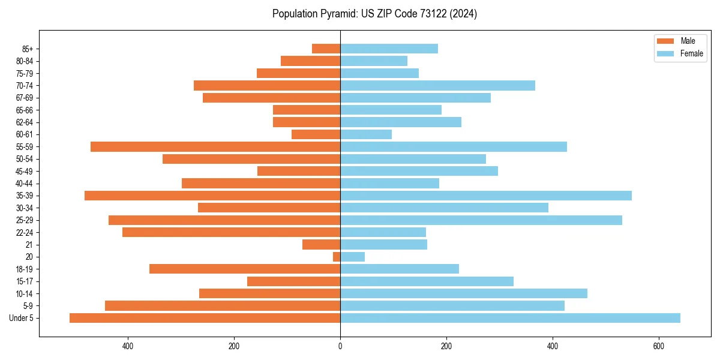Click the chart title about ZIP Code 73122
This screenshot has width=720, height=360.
(374, 14)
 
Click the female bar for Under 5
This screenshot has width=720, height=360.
(510, 318)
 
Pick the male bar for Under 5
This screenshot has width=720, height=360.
(205, 318)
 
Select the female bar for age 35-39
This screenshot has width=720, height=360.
(486, 196)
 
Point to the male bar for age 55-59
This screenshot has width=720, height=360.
(215, 146)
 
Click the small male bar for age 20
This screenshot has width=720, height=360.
(337, 257)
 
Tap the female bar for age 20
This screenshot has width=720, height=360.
(352, 257)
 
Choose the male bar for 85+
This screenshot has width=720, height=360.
(326, 49)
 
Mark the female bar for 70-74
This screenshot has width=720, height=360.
(437, 85)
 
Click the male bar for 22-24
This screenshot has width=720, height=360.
(231, 232)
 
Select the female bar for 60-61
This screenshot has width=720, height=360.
(366, 134)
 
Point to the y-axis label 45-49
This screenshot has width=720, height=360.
(25, 171)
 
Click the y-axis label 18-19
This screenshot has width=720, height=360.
(25, 269)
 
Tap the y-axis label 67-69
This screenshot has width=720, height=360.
(25, 98)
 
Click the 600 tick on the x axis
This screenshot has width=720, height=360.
(658, 346)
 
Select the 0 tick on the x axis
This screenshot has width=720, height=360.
(340, 346)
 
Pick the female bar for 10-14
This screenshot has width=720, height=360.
(464, 293)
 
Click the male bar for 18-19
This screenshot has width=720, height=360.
(245, 269)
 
